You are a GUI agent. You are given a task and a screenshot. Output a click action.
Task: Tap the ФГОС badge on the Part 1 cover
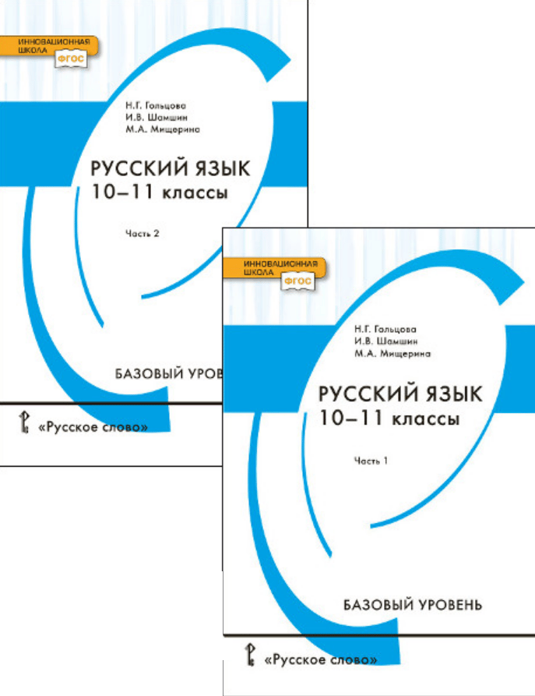point(297,281)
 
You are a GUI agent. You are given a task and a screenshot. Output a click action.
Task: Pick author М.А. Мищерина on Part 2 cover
point(162,130)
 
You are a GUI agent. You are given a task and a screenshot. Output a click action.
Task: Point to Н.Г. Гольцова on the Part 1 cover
point(385,329)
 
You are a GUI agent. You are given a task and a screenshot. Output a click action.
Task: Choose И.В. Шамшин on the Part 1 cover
point(381,341)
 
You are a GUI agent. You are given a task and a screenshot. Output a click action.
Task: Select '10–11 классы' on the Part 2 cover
point(160,193)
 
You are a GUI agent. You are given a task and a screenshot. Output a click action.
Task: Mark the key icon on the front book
point(250,655)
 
